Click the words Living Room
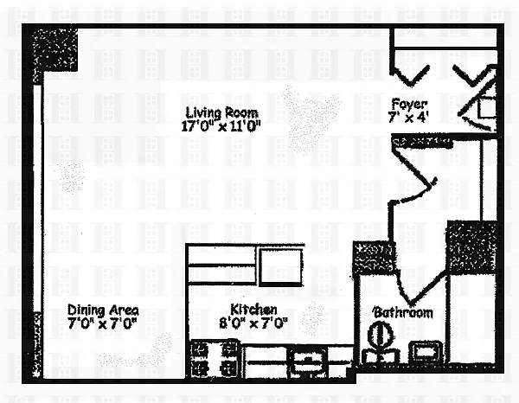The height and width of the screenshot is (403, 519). pos(221,112)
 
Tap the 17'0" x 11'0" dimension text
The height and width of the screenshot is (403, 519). pos(221,126)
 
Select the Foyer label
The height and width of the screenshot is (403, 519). pos(409,104)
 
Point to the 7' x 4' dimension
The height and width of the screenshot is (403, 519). pos(409,117)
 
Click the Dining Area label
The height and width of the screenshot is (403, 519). pos(103,310)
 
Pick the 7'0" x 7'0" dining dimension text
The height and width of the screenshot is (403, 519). pos(102,323)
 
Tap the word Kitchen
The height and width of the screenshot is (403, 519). pos(253,310)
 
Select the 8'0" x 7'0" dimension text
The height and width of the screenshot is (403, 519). pos(253,323)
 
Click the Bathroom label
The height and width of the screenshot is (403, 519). pos(403,313)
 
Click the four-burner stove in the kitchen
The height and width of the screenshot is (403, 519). pos(215,359)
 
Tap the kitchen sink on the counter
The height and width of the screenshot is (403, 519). pos(308,364)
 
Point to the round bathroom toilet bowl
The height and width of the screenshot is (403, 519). pos(381,335)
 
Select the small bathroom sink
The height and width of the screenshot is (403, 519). pos(426,352)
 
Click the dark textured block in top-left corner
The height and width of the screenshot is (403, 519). pos(55,49)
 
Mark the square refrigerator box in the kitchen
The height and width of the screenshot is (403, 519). pos(281,267)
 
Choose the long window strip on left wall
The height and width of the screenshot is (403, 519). pos(38,198)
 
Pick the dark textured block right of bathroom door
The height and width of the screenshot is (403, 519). pos(471,247)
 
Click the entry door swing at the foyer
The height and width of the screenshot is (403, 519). pos(477,99)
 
